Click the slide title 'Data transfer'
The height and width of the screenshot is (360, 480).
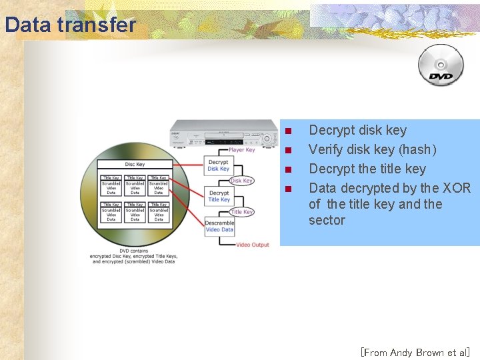coord(69,25)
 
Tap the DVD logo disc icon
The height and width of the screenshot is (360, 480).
coord(441,65)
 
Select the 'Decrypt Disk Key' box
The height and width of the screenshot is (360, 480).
coord(218,165)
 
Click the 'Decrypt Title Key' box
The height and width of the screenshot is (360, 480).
coord(219,196)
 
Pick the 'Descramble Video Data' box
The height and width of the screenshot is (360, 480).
coord(219,226)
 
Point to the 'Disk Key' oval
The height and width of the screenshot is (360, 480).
coord(241,181)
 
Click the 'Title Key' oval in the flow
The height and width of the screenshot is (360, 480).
coord(241,212)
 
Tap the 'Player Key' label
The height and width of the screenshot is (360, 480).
coord(241,150)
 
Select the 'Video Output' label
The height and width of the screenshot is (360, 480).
coord(253,245)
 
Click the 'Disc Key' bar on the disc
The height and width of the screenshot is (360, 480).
coord(135,164)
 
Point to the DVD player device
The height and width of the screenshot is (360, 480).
coord(223,133)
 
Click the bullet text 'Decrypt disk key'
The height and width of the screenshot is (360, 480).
coord(357,130)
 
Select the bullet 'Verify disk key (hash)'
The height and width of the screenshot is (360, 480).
coord(372,149)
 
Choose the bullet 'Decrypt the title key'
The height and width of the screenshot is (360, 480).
coord(367,169)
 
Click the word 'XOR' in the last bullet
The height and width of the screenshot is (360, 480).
coord(457,188)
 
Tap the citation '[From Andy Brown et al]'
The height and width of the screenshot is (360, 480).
coord(415,352)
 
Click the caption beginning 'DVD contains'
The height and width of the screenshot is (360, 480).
coord(134,256)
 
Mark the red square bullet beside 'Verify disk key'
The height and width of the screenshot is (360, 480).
coord(288,150)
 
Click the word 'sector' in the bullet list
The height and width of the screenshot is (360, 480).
coord(327,220)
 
